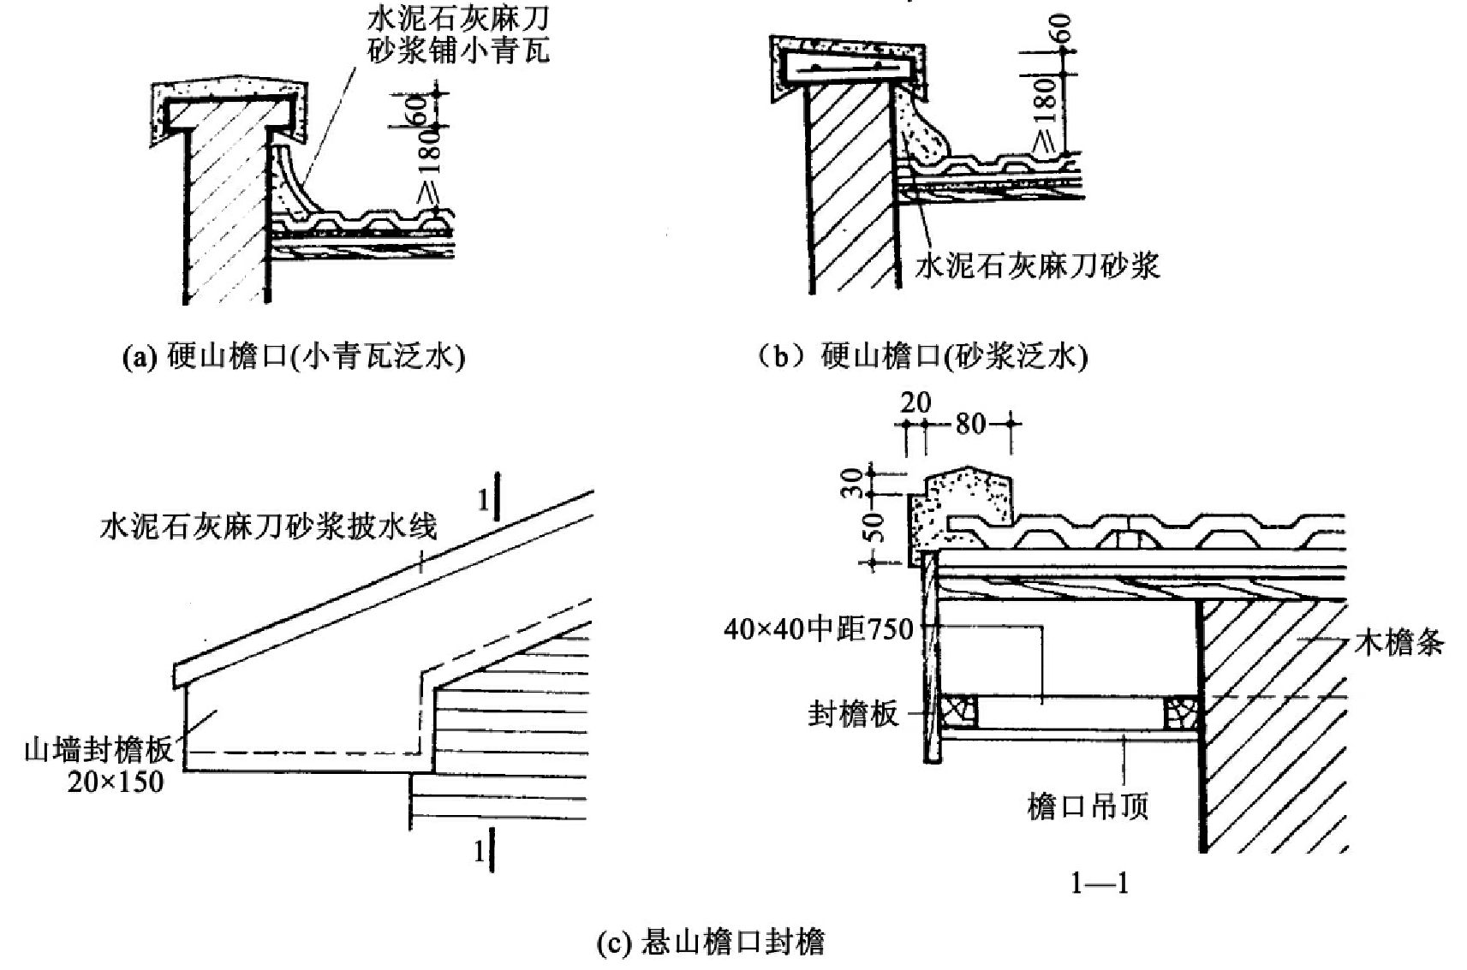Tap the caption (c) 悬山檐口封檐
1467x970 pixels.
[710, 943]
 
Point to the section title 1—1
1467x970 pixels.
[1100, 882]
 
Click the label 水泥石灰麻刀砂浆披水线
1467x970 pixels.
[269, 525]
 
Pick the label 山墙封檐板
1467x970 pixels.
[98, 750]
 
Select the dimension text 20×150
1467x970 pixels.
[116, 781]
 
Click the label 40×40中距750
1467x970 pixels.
[818, 630]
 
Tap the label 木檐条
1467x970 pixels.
[1399, 641]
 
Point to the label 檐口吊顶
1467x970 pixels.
[1088, 806]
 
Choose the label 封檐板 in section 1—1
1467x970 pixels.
[853, 713]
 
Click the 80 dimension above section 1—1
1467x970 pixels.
[970, 423]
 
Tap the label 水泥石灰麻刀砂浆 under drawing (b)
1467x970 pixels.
[1037, 266]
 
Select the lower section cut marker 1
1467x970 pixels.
[481, 851]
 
